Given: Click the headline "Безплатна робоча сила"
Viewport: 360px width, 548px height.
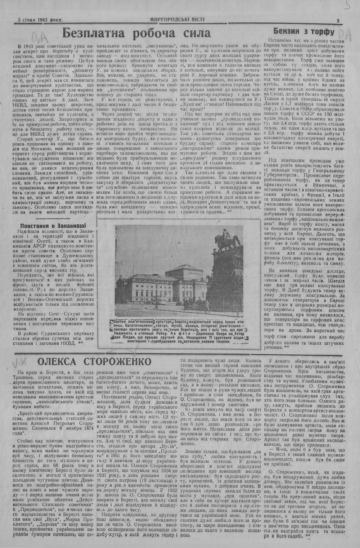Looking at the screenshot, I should pos(136,34).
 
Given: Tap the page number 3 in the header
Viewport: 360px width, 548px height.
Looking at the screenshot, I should pos(338,21).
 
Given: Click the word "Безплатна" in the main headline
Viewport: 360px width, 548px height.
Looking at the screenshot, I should pos(94,34).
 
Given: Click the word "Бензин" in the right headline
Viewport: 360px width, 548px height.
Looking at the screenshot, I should pos(287,31).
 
